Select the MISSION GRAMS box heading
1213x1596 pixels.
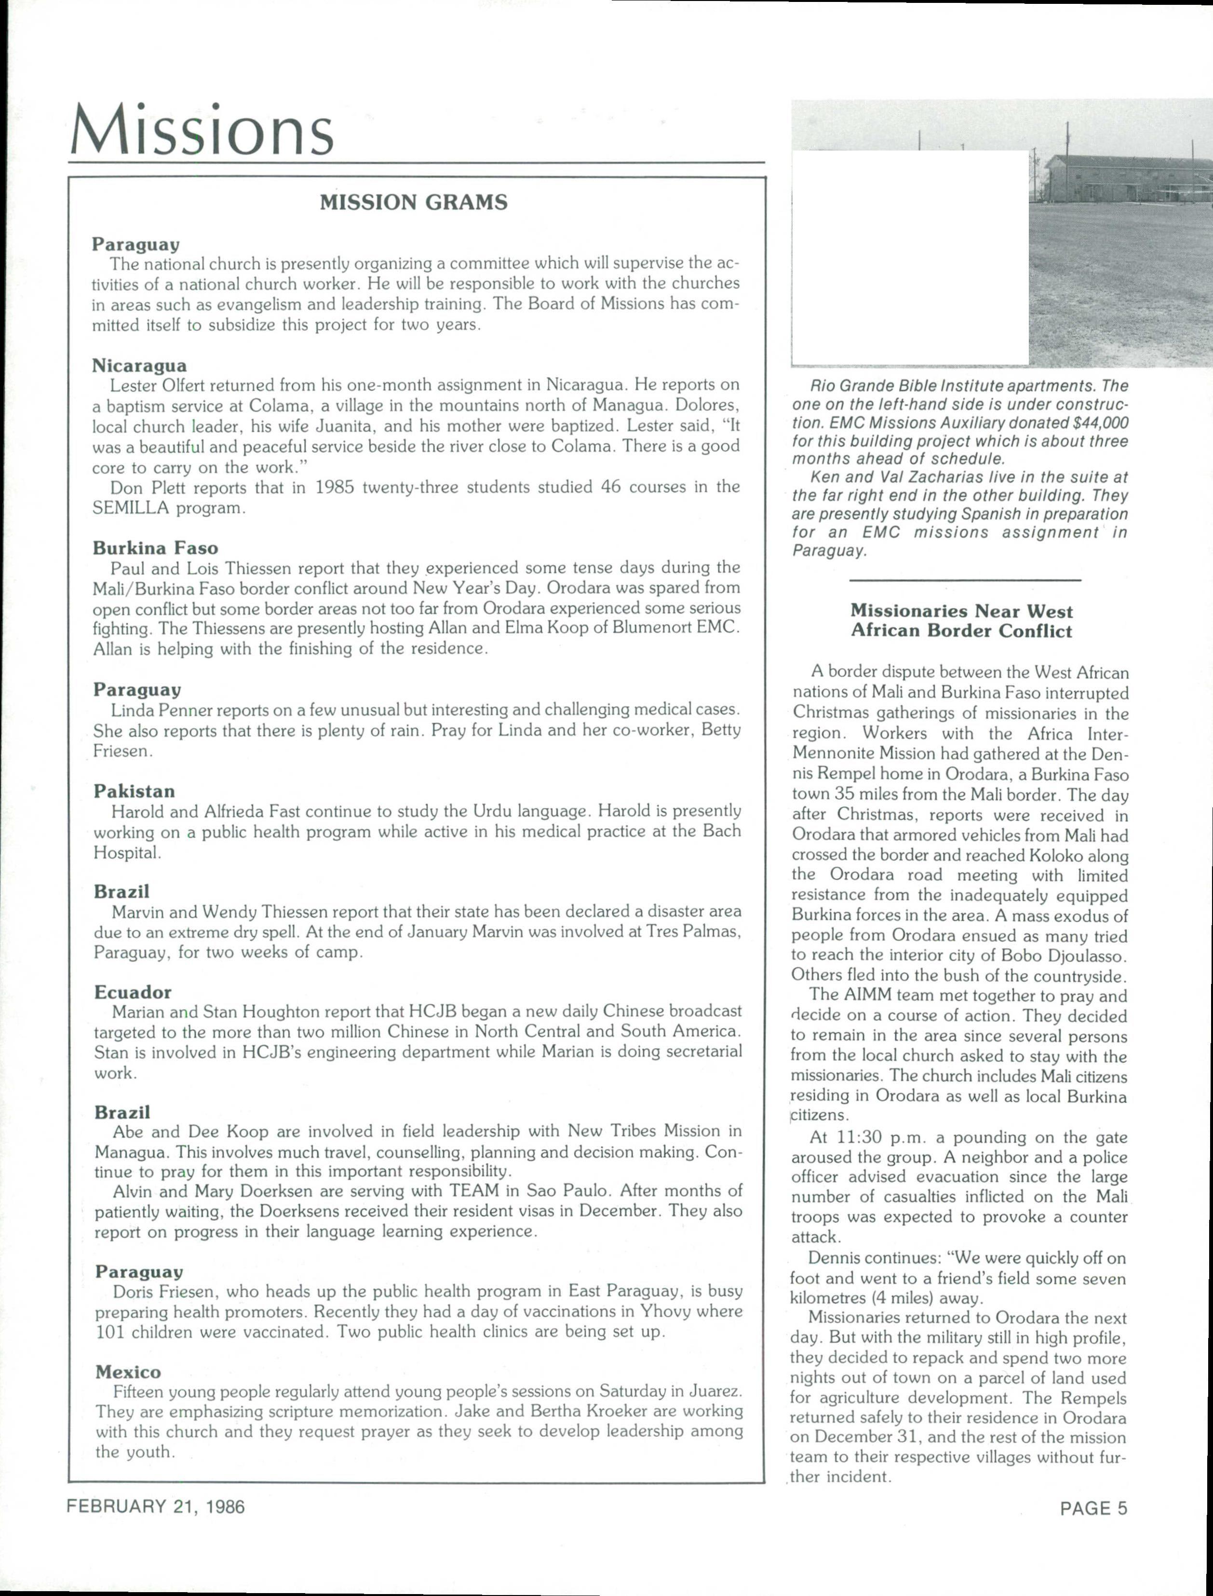413,202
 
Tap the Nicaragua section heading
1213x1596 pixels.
139,366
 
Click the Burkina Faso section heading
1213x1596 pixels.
155,548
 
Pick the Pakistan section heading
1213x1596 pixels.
135,791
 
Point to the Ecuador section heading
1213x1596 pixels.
133,992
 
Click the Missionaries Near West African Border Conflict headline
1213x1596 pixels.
961,621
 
